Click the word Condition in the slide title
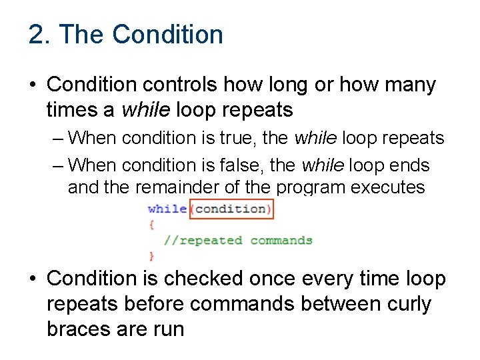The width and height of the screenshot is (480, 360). [x=168, y=35]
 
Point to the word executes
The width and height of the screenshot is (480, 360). [x=389, y=187]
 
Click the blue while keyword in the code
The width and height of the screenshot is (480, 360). [x=167, y=209]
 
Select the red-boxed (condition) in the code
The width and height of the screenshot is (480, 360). [x=231, y=209]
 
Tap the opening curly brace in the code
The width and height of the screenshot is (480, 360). [x=151, y=225]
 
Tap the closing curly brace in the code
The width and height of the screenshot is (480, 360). [x=151, y=255]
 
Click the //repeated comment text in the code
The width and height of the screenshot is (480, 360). [x=204, y=240]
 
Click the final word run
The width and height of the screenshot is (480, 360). [x=167, y=329]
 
